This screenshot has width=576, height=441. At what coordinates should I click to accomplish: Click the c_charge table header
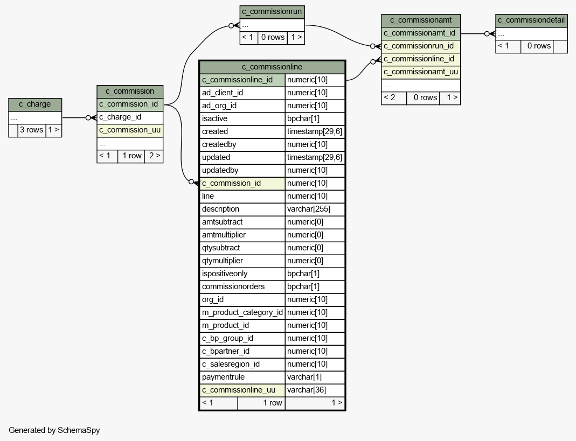(x=35, y=104)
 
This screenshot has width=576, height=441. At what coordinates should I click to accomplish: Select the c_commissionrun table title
(x=272, y=12)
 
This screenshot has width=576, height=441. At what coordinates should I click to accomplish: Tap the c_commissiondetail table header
(x=531, y=20)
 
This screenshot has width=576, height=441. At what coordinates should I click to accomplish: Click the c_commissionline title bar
(x=272, y=67)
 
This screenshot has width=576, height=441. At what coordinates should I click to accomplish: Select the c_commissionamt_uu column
(x=421, y=72)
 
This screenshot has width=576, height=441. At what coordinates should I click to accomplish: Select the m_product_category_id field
(x=242, y=312)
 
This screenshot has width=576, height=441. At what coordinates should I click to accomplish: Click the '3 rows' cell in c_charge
(x=31, y=130)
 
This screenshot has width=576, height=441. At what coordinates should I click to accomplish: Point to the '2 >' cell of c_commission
(x=154, y=156)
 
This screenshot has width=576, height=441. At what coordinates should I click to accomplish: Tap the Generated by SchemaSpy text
(x=54, y=430)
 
